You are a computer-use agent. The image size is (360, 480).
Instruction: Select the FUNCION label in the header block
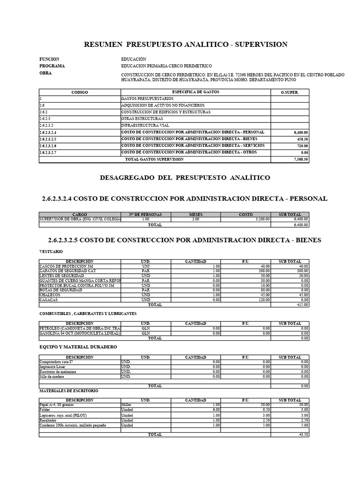pos(49,59)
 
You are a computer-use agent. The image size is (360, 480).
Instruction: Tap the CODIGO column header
pos(79,92)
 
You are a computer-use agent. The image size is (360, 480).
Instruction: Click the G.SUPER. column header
pos(289,92)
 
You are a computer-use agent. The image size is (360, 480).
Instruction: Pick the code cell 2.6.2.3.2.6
pos(48,146)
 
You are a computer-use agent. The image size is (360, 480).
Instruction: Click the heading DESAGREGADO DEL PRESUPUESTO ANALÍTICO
pos(185,178)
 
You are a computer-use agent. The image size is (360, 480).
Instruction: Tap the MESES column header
pos(195,214)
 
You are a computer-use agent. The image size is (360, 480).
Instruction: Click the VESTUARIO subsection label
pos(50,252)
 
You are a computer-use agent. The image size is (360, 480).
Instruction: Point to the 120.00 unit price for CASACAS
pos(262,300)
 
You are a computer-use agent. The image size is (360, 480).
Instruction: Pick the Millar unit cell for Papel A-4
pos(127,405)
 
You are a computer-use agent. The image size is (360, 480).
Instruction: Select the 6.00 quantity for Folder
pos(216,410)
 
